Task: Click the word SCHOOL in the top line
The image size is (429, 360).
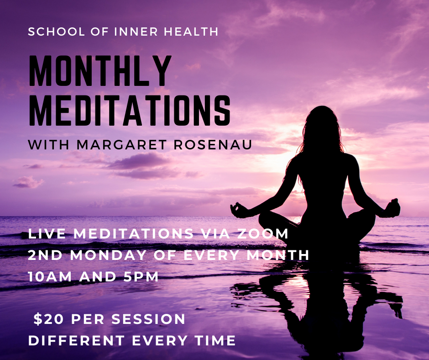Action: click(x=57, y=32)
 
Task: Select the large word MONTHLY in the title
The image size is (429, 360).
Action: click(x=100, y=71)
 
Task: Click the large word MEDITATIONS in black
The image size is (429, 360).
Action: click(x=130, y=111)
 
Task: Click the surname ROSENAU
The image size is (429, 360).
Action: click(x=213, y=145)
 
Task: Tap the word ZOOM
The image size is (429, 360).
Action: click(x=262, y=233)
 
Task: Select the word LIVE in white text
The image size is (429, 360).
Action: click(x=47, y=233)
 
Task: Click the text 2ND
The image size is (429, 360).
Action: click(x=46, y=255)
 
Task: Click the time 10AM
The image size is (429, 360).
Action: click(x=50, y=277)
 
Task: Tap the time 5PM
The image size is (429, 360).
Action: click(x=141, y=277)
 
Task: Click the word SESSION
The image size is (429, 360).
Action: click(x=148, y=319)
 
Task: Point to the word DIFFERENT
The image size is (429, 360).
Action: click(x=77, y=341)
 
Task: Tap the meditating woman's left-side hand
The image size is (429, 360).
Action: click(x=239, y=211)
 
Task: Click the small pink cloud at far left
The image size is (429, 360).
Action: click(x=28, y=182)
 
